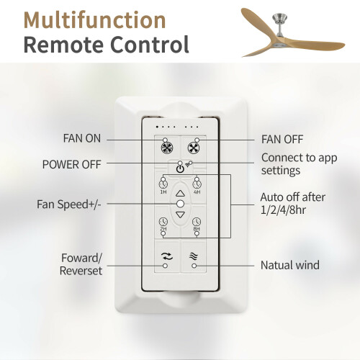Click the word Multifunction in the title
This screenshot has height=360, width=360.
pos(95,20)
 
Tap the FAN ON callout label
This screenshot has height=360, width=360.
pos(82,138)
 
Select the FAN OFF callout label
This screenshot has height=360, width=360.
pos(282,139)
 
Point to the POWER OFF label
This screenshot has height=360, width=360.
pos(71,164)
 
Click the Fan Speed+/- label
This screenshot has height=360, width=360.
pos(69,204)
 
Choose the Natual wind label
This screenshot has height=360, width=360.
pos(290,265)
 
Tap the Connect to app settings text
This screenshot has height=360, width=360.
pos(300,164)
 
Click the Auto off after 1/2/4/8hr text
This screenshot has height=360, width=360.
pos(293,204)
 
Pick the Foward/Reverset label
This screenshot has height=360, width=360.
pos(81,264)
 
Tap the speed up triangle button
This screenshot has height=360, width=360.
pos(181,193)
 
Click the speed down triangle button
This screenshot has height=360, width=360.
pos(181,215)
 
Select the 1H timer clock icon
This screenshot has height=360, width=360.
pos(163,184)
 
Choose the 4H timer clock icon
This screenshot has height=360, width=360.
pos(197,184)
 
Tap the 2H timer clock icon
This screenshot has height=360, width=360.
pos(163,222)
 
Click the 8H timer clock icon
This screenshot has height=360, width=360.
pos(197,222)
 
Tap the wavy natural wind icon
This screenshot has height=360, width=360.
pos(193,256)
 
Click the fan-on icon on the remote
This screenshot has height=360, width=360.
pos(167,148)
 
